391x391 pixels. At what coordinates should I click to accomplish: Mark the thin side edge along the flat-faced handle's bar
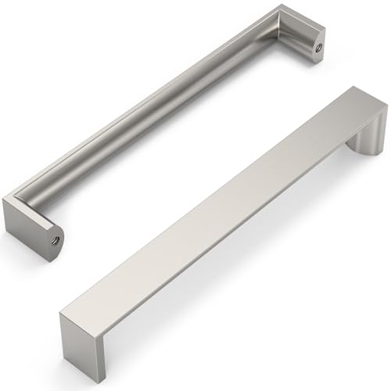tap(227, 239)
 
